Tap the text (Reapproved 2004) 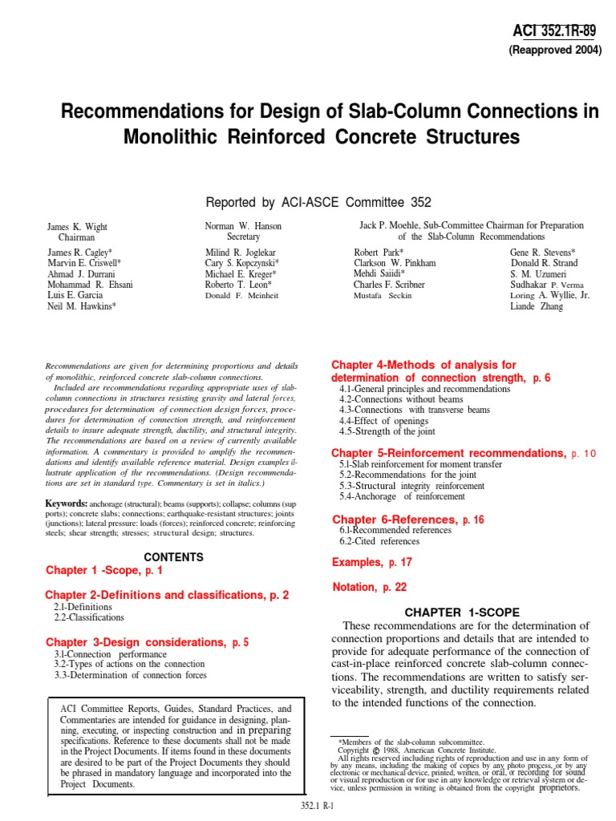[x=555, y=51]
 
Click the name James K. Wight [x=77, y=227]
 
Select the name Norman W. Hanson [x=244, y=227]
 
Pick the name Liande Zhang [x=537, y=307]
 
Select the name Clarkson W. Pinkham [x=395, y=263]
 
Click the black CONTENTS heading [x=173, y=557]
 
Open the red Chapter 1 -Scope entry [x=104, y=571]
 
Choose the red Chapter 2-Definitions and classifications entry [x=167, y=596]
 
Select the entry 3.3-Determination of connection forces [x=130, y=676]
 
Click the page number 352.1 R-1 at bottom [x=315, y=807]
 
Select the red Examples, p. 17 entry [x=372, y=564]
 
